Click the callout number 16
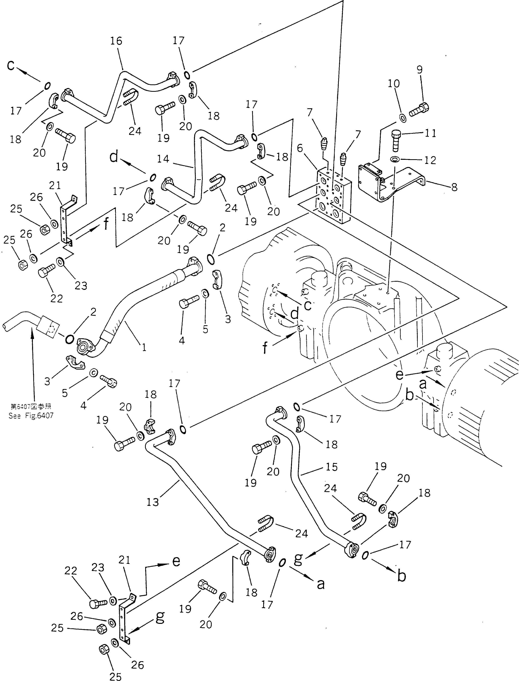tap(116, 41)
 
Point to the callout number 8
tap(454, 187)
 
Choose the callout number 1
tap(144, 348)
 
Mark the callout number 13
tap(153, 502)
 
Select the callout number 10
tap(394, 83)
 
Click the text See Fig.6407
tap(31, 416)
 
